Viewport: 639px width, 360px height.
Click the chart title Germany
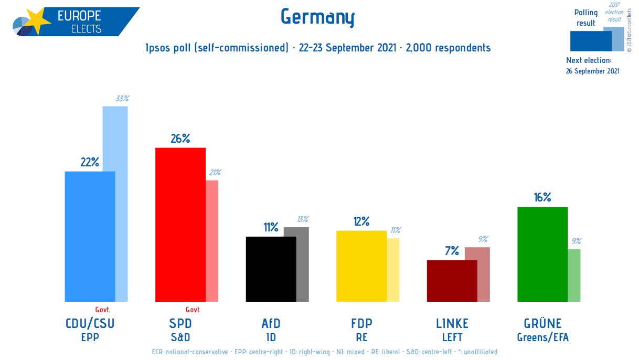[x=318, y=17]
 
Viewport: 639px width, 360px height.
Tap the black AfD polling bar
[x=271, y=269]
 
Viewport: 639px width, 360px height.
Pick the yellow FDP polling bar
[x=361, y=266]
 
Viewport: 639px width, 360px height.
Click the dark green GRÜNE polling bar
[x=542, y=254]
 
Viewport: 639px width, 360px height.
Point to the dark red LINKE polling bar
[x=452, y=281]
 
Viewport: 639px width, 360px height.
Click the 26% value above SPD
[x=180, y=139]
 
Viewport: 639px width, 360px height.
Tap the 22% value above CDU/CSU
[x=90, y=162]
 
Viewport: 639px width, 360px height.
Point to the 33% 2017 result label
[x=122, y=98]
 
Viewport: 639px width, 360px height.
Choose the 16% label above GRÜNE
[x=542, y=197]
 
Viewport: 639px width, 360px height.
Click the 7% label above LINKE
[x=452, y=251]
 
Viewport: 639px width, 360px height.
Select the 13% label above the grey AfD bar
[x=303, y=219]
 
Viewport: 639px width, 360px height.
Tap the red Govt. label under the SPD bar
[x=193, y=310]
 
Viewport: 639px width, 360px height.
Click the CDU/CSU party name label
[x=89, y=323]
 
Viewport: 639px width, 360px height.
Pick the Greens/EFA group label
[x=542, y=337]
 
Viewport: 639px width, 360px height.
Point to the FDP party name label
[x=361, y=323]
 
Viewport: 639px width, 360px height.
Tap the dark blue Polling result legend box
[x=590, y=40]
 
